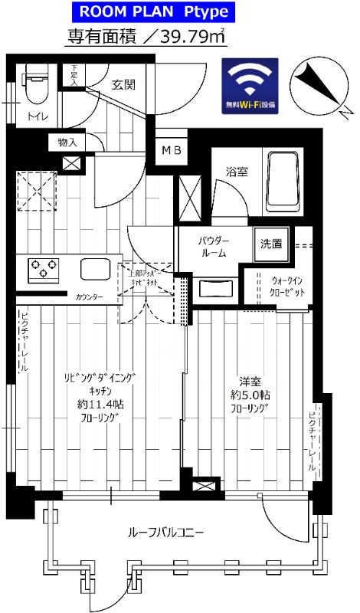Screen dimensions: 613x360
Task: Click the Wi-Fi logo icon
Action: [x=252, y=83]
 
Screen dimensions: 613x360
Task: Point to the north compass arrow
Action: [x=316, y=84]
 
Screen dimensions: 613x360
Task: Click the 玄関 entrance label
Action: [x=123, y=84]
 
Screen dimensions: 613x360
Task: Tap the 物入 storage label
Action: [x=67, y=142]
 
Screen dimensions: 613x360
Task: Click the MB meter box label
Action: [x=170, y=150]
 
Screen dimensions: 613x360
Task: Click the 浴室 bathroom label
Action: [x=237, y=172]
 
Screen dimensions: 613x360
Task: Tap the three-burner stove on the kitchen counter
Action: [x=44, y=269]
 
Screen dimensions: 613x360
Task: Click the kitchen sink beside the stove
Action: [x=96, y=269]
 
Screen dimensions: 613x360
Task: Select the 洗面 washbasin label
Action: [x=270, y=244]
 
